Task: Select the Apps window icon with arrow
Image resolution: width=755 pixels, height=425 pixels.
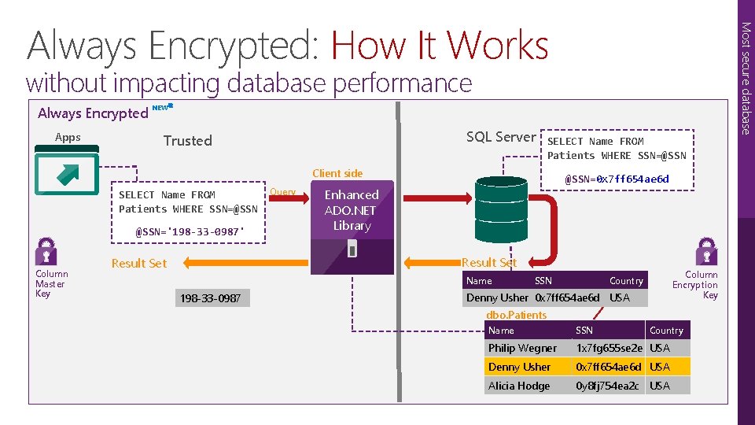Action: click(66, 175)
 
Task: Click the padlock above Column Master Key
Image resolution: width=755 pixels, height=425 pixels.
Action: click(46, 252)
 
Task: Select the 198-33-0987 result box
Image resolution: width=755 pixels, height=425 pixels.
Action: click(211, 298)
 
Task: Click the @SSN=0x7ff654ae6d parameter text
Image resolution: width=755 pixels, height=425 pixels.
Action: click(617, 179)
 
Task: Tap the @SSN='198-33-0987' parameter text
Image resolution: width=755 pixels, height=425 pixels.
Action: click(190, 232)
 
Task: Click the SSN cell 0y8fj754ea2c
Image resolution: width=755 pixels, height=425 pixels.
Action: click(608, 386)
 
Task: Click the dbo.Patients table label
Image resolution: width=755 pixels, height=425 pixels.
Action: click(516, 315)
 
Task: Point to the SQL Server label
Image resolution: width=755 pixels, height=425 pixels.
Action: click(500, 137)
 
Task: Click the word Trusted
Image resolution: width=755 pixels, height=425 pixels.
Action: click(187, 141)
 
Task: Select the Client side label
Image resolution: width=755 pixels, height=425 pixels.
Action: click(337, 173)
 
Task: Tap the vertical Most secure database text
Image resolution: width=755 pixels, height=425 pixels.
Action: click(746, 79)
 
